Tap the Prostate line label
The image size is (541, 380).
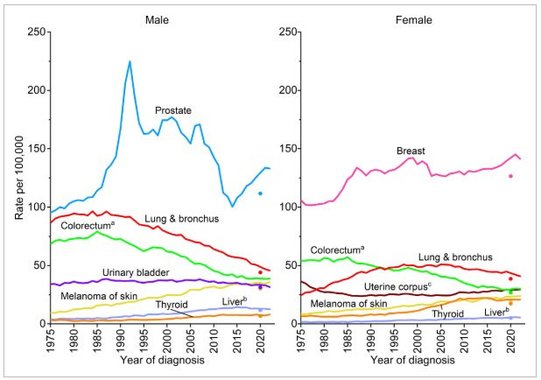(173, 111)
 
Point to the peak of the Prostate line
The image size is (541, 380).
(130, 62)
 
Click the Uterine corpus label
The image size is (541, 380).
(397, 287)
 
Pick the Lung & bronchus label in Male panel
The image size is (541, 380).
(168, 218)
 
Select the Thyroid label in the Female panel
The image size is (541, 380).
(447, 313)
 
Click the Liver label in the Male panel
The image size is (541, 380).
(232, 301)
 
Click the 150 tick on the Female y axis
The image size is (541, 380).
(287, 149)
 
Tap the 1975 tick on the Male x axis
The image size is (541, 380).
(52, 340)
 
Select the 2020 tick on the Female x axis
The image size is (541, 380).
(510, 340)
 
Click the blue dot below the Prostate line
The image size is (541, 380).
(260, 194)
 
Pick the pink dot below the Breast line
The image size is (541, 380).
(510, 177)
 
